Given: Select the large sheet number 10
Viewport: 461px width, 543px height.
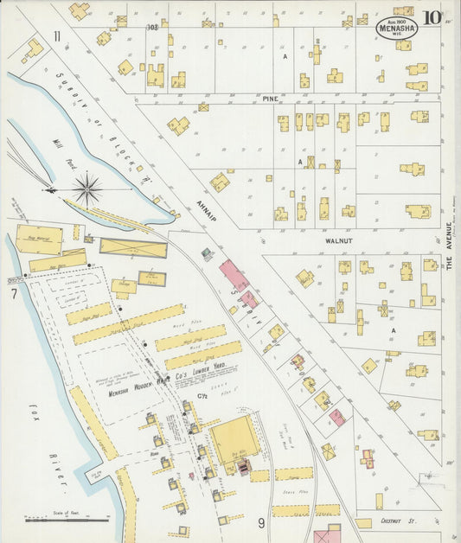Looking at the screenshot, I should (x=432, y=18).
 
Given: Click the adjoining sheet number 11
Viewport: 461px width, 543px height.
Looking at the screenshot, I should (x=56, y=36).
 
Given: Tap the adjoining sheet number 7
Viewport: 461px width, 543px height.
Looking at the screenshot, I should (x=14, y=295).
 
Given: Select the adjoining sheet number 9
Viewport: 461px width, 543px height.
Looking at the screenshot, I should (x=260, y=522).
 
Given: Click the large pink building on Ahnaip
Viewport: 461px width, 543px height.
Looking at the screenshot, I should (x=234, y=276).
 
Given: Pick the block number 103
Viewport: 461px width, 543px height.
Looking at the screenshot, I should (x=152, y=27).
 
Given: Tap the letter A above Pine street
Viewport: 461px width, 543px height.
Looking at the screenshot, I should (x=285, y=57).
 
